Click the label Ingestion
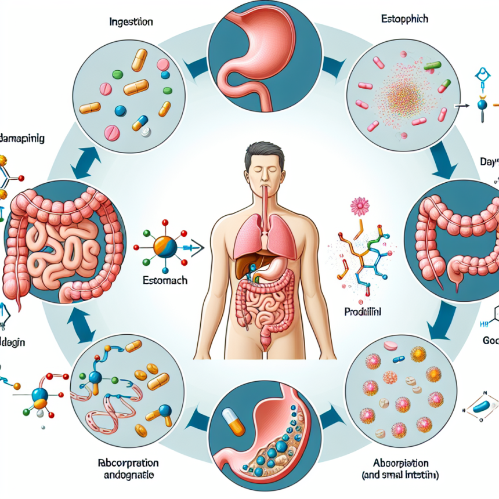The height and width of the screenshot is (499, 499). point(131,22)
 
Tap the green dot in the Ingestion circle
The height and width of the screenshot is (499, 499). point(117,74)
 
